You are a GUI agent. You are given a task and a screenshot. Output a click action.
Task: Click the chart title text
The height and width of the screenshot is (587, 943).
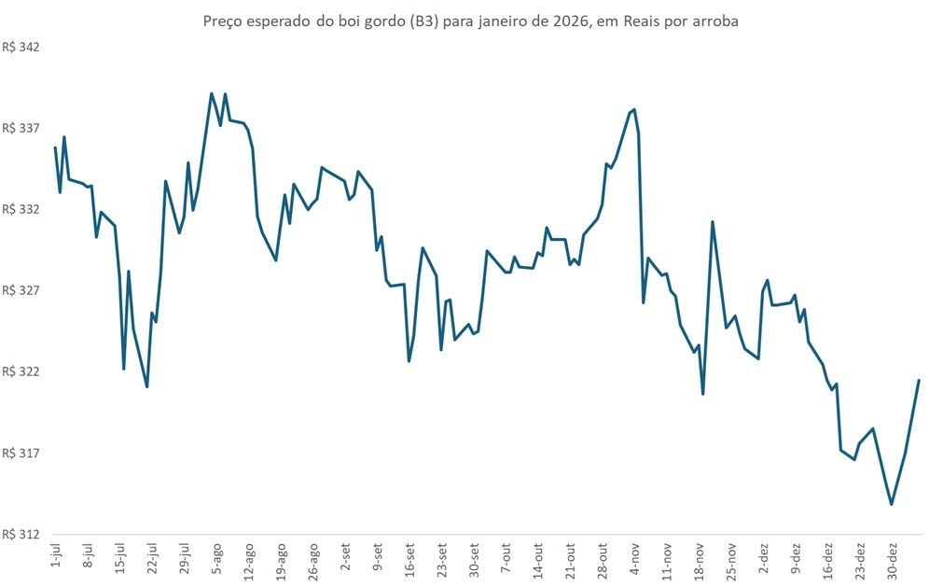470,21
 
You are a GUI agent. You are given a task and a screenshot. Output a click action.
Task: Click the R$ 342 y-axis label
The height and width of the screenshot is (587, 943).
21,47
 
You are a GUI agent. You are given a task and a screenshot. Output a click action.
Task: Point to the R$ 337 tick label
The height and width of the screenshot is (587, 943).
21,128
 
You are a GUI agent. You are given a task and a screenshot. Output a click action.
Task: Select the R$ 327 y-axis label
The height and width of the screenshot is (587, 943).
21,290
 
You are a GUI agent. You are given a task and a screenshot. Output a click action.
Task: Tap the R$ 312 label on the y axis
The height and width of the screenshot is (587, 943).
21,535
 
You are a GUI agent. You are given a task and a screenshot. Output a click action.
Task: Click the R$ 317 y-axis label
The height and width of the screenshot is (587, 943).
21,454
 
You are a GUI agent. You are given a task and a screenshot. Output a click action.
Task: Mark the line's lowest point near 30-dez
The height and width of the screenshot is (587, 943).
892,505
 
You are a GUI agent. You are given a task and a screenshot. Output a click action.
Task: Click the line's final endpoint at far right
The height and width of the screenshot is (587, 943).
920,381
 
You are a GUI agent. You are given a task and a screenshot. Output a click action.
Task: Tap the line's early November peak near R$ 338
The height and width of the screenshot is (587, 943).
634,109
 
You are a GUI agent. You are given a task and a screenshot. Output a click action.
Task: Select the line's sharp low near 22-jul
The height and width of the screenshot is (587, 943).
147,386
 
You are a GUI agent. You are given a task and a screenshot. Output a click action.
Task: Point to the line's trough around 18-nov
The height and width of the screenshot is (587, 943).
702,394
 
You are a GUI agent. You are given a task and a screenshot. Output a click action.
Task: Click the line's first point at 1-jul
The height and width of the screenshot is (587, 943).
55,147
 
